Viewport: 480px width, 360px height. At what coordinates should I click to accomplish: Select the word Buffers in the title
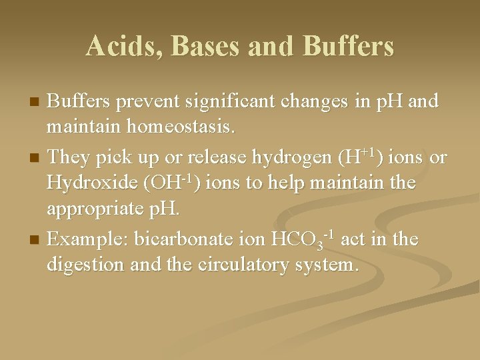click(x=348, y=46)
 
